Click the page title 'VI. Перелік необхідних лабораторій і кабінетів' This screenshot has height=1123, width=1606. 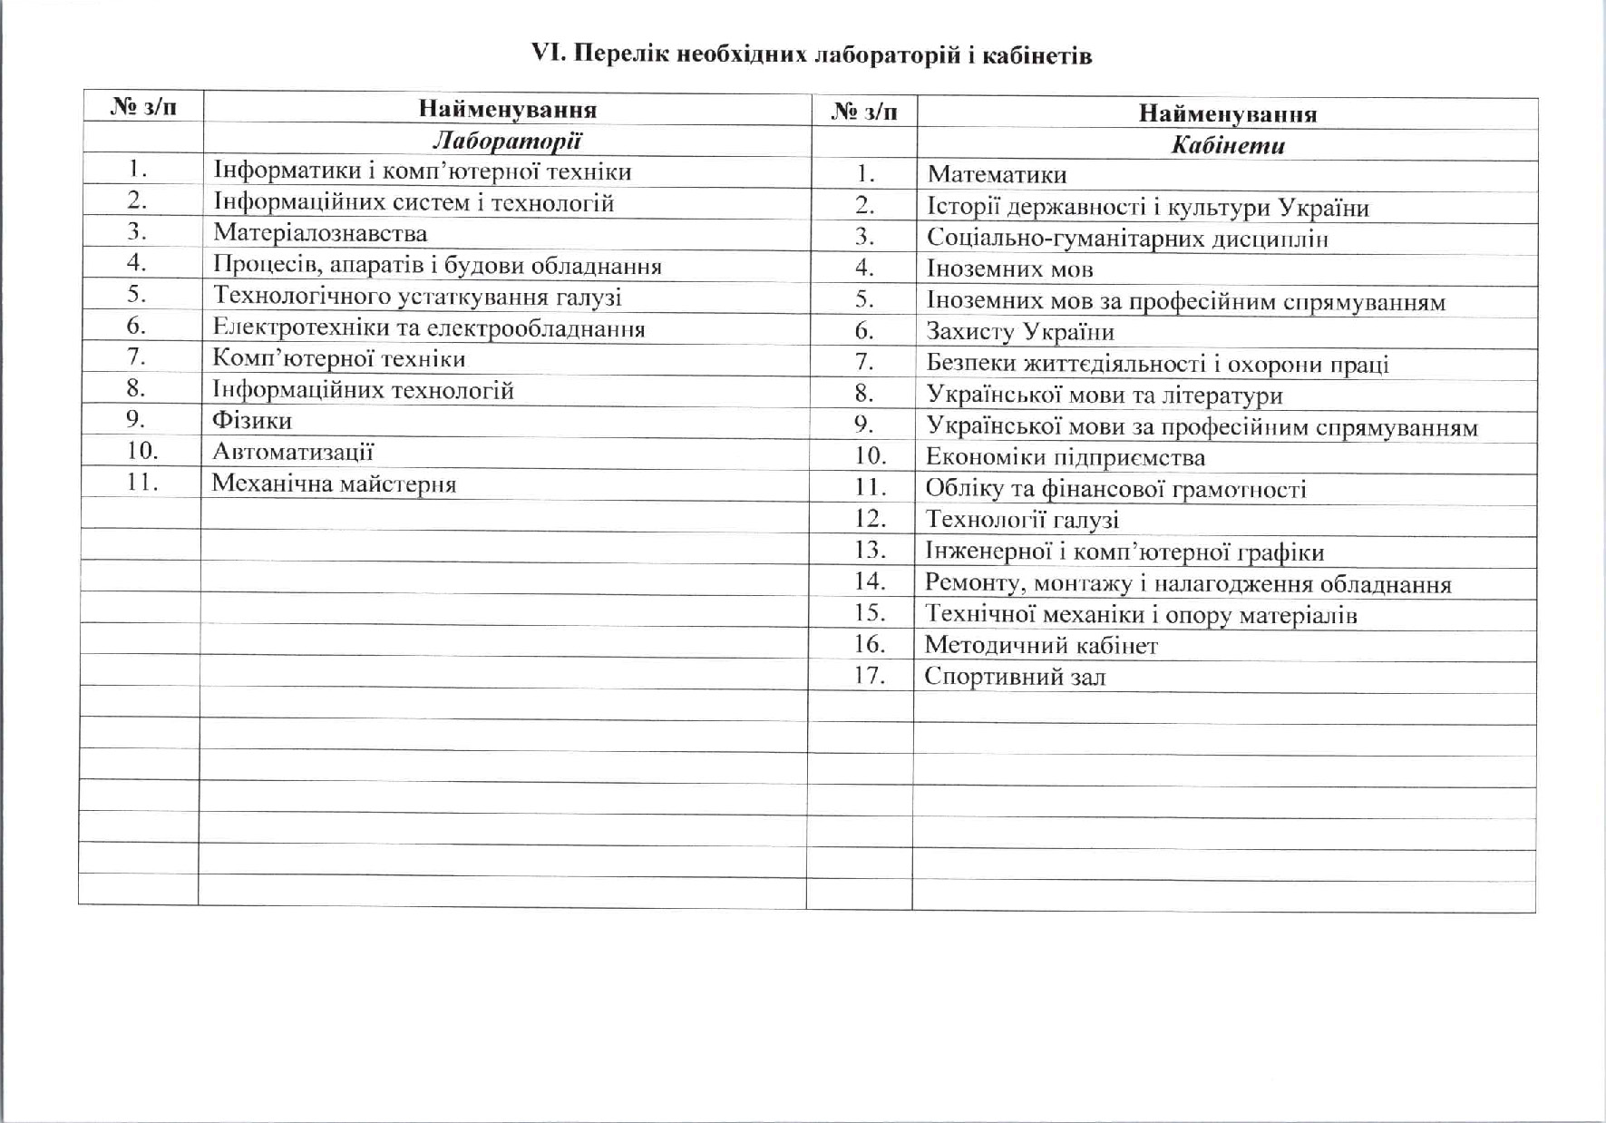point(811,55)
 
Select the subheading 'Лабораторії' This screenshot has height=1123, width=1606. point(507,141)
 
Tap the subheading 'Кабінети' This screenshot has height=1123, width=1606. point(1228,146)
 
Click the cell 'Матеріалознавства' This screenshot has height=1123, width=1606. point(320,233)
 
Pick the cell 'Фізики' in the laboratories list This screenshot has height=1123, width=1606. point(252,420)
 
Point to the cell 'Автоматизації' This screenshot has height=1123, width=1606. point(293,452)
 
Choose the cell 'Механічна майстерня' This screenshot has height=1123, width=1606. point(334,483)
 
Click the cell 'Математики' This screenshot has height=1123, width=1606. point(997,175)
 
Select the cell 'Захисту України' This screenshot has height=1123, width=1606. point(1020,332)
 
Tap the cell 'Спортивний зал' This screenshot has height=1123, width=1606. point(1015,677)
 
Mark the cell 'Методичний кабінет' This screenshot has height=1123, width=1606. point(1041,646)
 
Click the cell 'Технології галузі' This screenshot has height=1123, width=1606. point(1022,520)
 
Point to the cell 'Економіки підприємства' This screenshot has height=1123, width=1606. point(1066,457)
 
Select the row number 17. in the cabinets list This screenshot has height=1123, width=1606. point(869,675)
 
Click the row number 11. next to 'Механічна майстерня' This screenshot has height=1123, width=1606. point(142,482)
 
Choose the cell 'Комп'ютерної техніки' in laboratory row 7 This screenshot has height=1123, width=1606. point(339,358)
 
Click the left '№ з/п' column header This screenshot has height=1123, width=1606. point(143,107)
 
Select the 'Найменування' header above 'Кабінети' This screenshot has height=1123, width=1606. point(1227,114)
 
